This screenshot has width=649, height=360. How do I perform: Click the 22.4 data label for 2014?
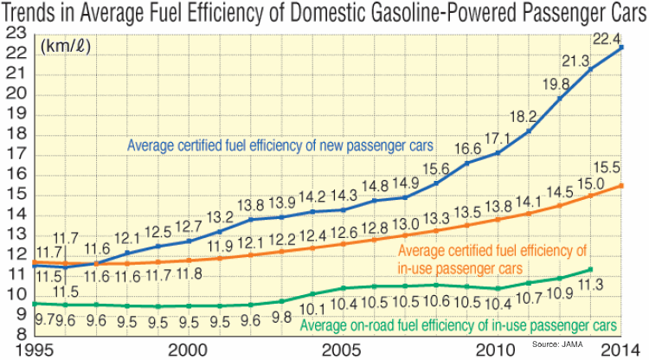[x=605, y=38]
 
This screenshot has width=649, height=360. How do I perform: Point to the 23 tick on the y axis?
[x=15, y=33]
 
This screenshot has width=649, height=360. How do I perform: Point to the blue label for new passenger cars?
[x=280, y=144]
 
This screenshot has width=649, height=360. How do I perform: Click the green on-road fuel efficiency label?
[x=459, y=326]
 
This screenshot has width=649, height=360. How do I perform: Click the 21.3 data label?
[x=575, y=60]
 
